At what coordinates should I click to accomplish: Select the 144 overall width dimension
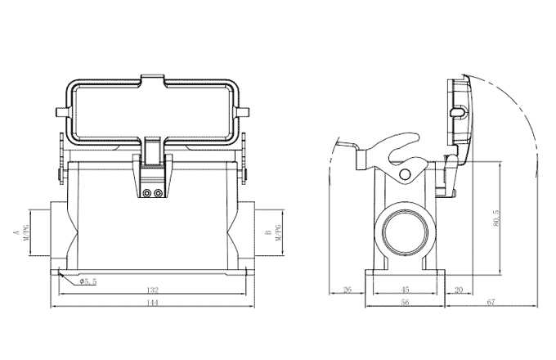click(x=151, y=303)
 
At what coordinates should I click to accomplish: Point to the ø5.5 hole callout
click(x=87, y=281)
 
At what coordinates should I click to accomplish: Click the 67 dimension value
click(x=491, y=303)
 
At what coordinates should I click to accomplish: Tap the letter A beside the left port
click(x=16, y=233)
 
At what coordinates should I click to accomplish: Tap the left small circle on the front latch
click(x=146, y=194)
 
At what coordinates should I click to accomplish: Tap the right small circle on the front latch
click(x=156, y=194)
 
